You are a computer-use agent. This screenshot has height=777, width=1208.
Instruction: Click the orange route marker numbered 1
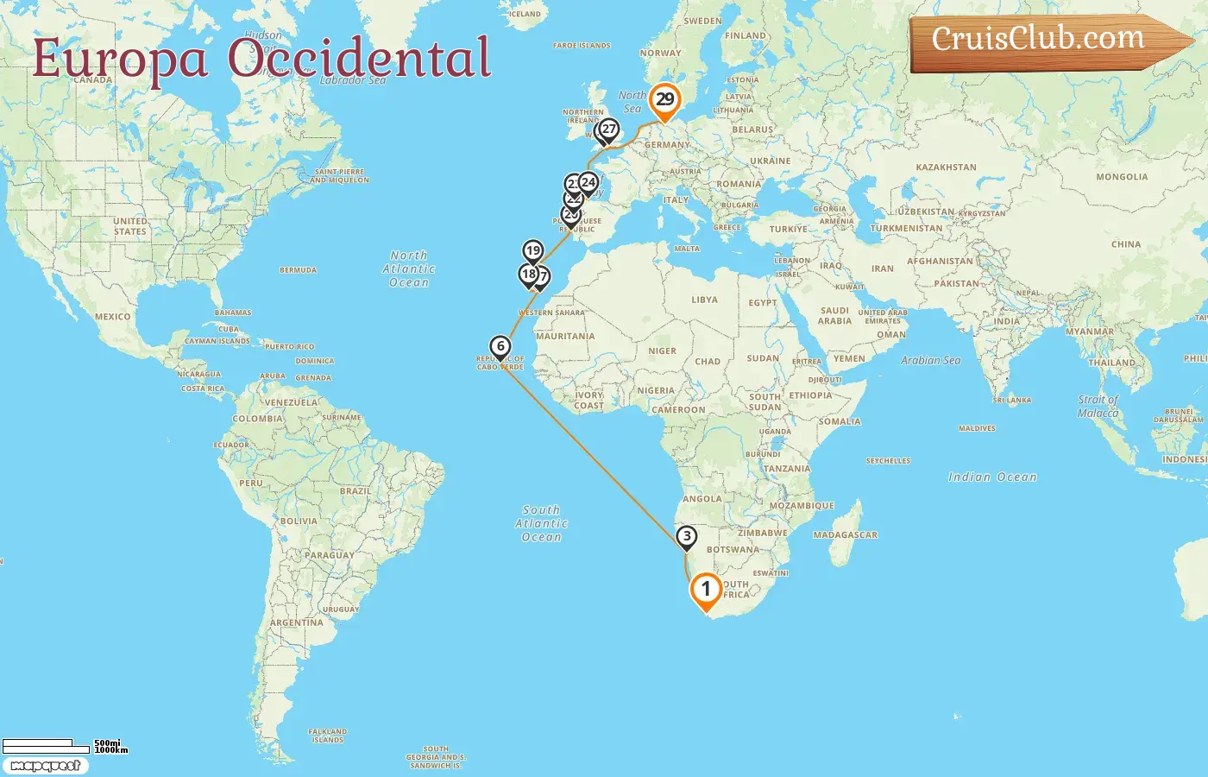[706, 590]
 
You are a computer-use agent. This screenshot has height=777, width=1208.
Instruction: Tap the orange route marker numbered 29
[664, 99]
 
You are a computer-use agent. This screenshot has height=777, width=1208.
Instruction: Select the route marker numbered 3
[686, 537]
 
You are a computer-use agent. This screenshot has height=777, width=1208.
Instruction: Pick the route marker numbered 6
[500, 347]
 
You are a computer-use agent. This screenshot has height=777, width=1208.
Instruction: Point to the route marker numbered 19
[533, 251]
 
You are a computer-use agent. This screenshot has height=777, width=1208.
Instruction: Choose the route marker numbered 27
[609, 129]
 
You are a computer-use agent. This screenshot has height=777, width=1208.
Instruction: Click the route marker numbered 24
[588, 182]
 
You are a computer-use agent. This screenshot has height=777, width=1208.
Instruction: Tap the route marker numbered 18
[528, 275]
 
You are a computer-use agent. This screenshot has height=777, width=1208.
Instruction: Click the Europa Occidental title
[261, 59]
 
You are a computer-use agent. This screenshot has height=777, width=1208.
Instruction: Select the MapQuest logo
[45, 766]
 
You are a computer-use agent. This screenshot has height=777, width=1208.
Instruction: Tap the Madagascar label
[845, 535]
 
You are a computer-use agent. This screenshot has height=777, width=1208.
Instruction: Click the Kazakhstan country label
[946, 167]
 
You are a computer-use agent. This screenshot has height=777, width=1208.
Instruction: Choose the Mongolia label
[1122, 177]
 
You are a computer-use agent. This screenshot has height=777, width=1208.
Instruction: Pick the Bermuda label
[298, 270]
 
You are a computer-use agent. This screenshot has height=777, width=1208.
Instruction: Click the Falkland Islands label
[327, 736]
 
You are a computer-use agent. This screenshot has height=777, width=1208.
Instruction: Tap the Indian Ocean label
[992, 477]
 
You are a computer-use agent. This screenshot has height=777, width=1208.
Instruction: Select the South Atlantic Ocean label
[541, 523]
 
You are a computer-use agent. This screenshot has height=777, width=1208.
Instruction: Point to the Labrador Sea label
[353, 80]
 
